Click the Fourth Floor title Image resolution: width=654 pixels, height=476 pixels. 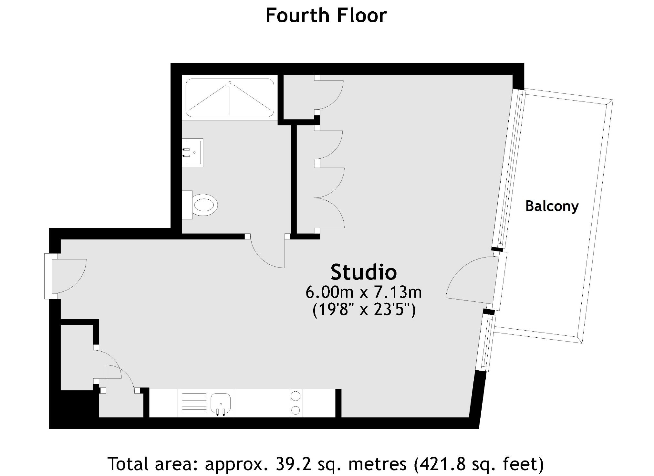(x=326, y=15)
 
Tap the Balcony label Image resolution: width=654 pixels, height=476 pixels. (x=552, y=206)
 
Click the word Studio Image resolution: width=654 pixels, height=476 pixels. (x=364, y=272)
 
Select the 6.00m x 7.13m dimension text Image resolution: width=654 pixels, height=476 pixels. (x=364, y=292)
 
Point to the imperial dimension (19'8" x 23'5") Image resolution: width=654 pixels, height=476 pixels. (x=364, y=310)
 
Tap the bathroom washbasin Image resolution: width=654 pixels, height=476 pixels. (x=192, y=153)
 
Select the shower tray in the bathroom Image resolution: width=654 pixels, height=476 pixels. (x=230, y=98)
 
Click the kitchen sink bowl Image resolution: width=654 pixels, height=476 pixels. (x=221, y=403)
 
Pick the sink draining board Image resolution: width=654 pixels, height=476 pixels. (x=194, y=403)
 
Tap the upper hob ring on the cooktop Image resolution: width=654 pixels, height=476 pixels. (x=295, y=396)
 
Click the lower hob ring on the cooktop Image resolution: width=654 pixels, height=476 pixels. (x=295, y=410)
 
